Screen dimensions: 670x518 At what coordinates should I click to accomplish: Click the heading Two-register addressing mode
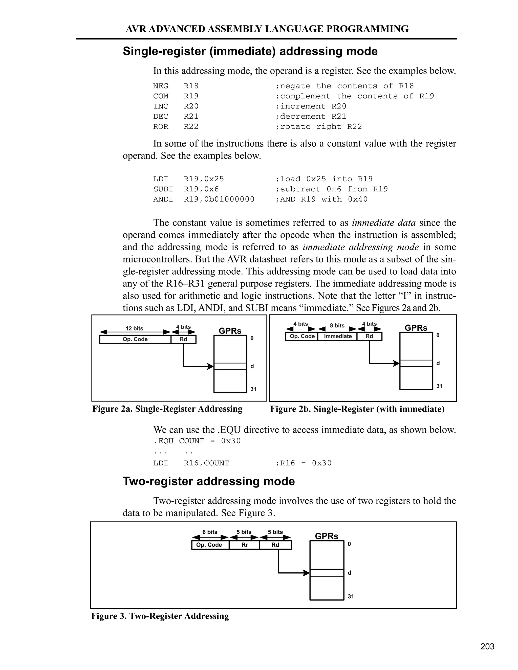pos(209,481)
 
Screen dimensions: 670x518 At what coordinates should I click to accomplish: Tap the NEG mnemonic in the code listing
pos(161,86)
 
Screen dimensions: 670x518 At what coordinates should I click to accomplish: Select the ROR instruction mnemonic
pos(161,126)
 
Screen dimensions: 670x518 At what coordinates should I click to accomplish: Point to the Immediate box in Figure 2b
pos(338,336)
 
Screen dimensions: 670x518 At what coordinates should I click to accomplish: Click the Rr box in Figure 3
pos(244,545)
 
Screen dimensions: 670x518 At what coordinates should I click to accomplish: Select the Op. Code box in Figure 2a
pos(135,339)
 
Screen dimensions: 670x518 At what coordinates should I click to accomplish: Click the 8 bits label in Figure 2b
pos(337,325)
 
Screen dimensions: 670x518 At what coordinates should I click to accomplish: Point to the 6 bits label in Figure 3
pos(210,532)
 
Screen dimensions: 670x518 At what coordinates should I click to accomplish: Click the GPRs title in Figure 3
pos(327,536)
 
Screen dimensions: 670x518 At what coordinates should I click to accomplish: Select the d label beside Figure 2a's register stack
pos(252,366)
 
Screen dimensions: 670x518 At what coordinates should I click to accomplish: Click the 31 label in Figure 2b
pos(439,386)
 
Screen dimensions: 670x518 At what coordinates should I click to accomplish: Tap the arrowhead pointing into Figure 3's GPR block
pos(306,573)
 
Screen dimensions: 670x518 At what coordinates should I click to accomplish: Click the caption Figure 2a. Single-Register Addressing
pos(167,409)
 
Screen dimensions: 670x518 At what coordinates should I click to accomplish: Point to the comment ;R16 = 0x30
pos(304,463)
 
